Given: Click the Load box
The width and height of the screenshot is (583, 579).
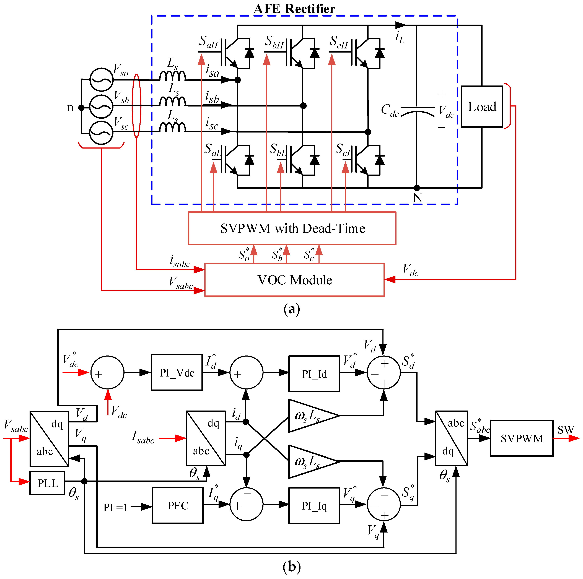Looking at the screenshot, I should (x=482, y=107).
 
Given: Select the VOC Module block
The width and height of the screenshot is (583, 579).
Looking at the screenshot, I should (x=294, y=280).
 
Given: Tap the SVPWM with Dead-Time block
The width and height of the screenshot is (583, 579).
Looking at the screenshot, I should (x=292, y=228).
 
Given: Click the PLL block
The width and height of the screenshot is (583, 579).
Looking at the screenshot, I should (x=47, y=483).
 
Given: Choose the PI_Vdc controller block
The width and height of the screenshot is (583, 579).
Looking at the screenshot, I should (x=177, y=373).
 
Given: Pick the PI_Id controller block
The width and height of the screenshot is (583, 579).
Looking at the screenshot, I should (x=314, y=374).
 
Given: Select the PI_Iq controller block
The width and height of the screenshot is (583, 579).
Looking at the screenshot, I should (x=314, y=506).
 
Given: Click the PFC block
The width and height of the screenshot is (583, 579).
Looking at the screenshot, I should (x=178, y=506).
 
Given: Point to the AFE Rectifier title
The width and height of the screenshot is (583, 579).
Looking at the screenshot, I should (x=294, y=8).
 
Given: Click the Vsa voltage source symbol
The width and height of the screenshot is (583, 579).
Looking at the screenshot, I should (x=101, y=80).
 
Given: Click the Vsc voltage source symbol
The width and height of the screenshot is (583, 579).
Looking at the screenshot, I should (x=101, y=133).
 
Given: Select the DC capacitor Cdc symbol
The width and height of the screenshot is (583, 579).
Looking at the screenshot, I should (x=417, y=110).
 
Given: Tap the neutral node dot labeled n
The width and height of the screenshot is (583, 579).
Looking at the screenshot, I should (x=81, y=107).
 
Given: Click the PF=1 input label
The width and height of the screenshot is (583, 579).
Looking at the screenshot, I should (x=116, y=507).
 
